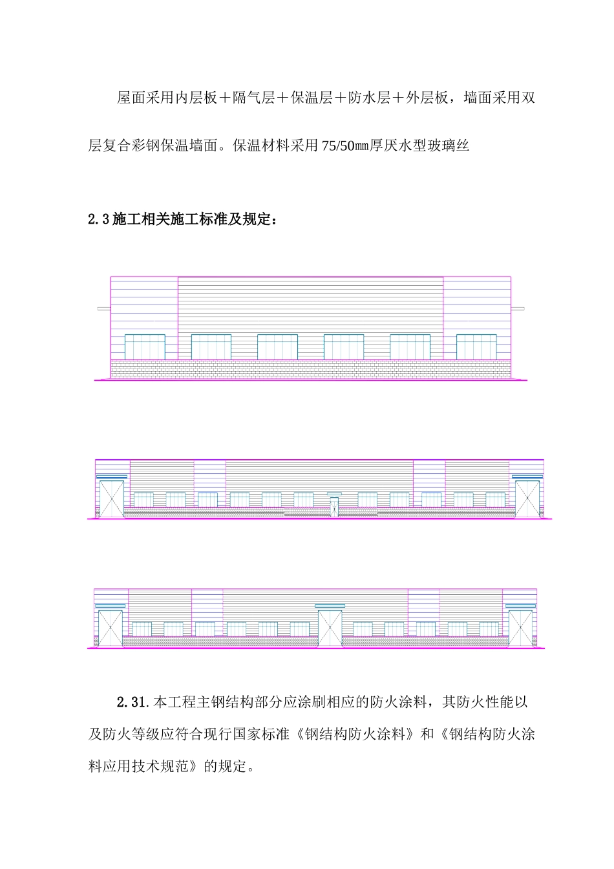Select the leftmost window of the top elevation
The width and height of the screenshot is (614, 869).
pyautogui.click(x=145, y=347)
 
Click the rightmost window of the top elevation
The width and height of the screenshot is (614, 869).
pyautogui.click(x=476, y=347)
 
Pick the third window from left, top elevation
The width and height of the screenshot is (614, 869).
pyautogui.click(x=277, y=347)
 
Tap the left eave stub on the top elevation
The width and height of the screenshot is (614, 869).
pyautogui.click(x=103, y=308)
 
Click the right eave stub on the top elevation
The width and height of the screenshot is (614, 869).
pyautogui.click(x=518, y=308)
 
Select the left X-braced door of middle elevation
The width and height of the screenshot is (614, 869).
pyautogui.click(x=112, y=499)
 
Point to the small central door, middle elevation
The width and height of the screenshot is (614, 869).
pyautogui.click(x=334, y=506)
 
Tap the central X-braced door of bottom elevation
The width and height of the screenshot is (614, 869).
pyautogui.click(x=330, y=628)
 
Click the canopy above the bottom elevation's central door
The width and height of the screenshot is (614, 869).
pyautogui.click(x=330, y=606)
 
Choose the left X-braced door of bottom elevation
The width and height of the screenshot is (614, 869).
pyautogui.click(x=110, y=628)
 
